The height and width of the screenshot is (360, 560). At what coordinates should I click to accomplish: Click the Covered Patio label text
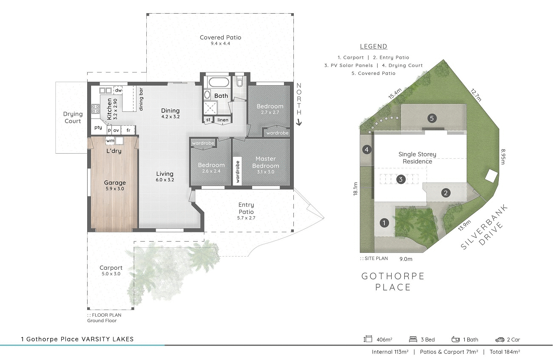point(220,37)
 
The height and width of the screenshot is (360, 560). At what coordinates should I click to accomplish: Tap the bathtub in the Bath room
point(217,81)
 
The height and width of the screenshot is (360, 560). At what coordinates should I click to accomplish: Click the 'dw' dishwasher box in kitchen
point(118,90)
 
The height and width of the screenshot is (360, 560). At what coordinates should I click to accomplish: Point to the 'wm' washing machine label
point(110,140)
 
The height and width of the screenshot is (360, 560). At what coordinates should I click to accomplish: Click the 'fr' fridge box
point(128,130)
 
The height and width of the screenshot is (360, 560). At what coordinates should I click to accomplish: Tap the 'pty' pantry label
point(98,127)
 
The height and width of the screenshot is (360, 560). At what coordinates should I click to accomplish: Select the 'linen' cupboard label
point(222,120)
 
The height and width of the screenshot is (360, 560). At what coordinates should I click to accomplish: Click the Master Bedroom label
point(266,163)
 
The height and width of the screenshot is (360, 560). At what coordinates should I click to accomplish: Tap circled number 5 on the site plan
point(432,118)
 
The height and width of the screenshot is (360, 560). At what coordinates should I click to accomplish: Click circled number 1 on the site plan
point(384,223)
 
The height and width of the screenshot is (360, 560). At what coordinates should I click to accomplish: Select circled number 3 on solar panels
point(401,180)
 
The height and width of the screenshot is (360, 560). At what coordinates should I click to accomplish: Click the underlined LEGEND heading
point(373,47)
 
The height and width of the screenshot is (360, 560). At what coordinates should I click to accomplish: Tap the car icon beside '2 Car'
point(500,340)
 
